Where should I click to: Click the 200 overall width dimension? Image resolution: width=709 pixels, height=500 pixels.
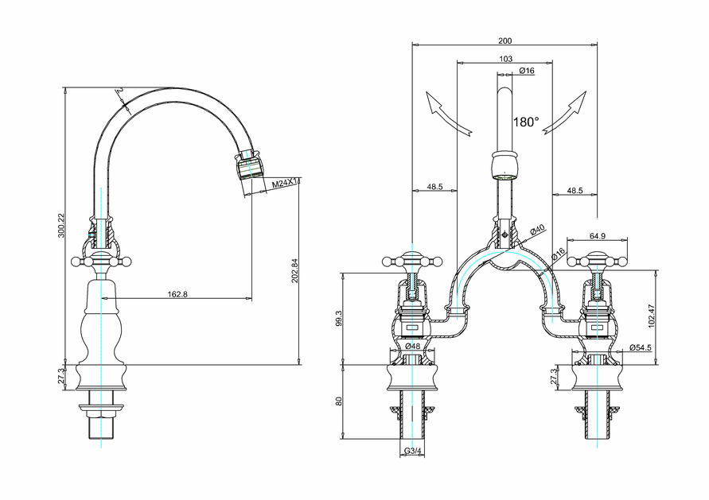tap(505, 41)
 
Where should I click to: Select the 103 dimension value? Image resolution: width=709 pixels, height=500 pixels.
tap(505, 60)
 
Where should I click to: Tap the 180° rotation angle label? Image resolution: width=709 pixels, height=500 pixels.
tap(526, 122)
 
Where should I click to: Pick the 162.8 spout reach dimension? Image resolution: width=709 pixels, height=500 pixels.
tap(178, 294)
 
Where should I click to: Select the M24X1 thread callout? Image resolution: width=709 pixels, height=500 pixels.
tap(284, 184)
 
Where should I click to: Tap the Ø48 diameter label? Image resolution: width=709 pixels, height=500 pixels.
tap(412, 347)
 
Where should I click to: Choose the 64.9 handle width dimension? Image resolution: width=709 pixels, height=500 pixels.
tap(598, 236)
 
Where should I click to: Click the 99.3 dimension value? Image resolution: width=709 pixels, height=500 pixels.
tap(339, 318)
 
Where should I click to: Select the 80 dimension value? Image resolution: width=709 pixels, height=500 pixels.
tap(339, 401)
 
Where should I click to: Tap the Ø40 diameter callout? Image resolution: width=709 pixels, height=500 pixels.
tap(538, 230)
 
